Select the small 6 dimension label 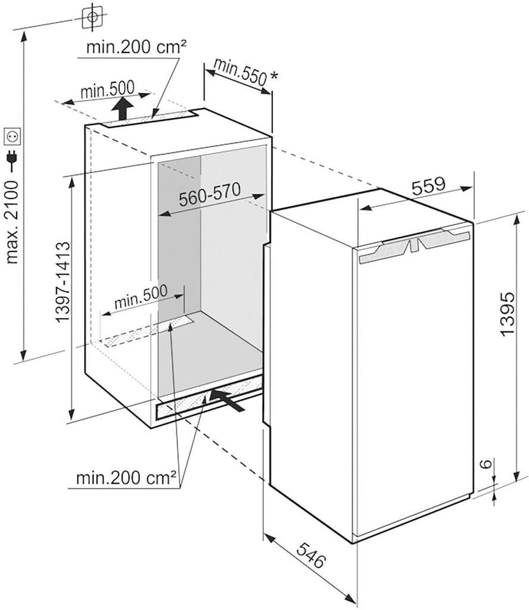(x=487, y=465)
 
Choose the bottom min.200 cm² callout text (x=126, y=477)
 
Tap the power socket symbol (x=13, y=136)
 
